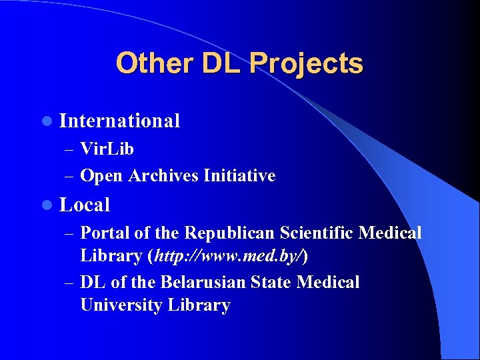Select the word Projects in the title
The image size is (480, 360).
(x=306, y=64)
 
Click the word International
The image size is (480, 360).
(x=119, y=121)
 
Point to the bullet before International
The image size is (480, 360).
(x=45, y=121)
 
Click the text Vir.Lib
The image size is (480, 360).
(x=107, y=149)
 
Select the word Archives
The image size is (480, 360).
(x=163, y=175)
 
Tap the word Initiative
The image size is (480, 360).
(x=239, y=175)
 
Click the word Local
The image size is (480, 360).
(x=85, y=205)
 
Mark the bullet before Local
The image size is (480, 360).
(x=45, y=205)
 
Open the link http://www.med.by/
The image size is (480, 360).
(x=231, y=255)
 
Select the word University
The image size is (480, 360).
(x=122, y=305)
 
